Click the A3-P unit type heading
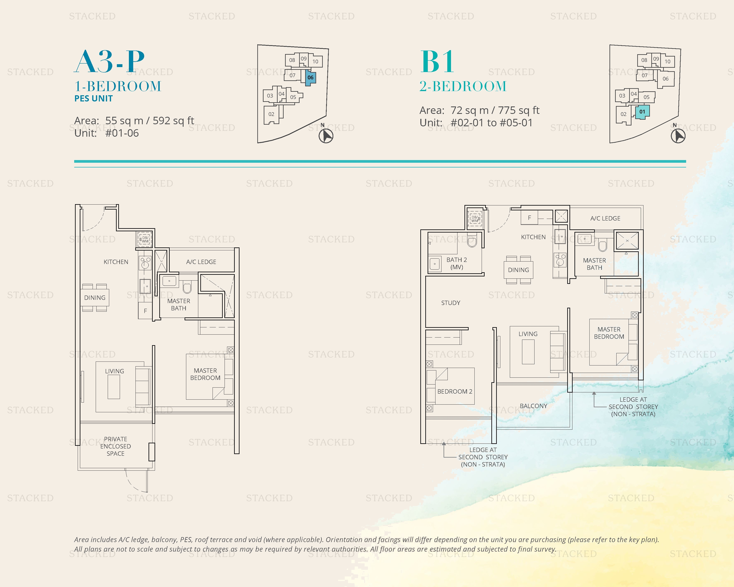[x=109, y=61]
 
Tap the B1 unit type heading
[x=437, y=61]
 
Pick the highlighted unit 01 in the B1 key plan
[x=642, y=112]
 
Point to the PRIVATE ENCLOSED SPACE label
[x=115, y=446]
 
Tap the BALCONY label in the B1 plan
[x=533, y=406]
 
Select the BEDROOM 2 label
[x=455, y=391]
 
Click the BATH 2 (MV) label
[x=457, y=263]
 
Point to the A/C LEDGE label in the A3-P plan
[x=201, y=262]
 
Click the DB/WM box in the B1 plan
[x=475, y=219]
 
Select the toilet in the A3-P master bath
[x=187, y=287]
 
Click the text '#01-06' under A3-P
[x=122, y=133]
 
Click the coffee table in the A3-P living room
[x=114, y=387]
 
